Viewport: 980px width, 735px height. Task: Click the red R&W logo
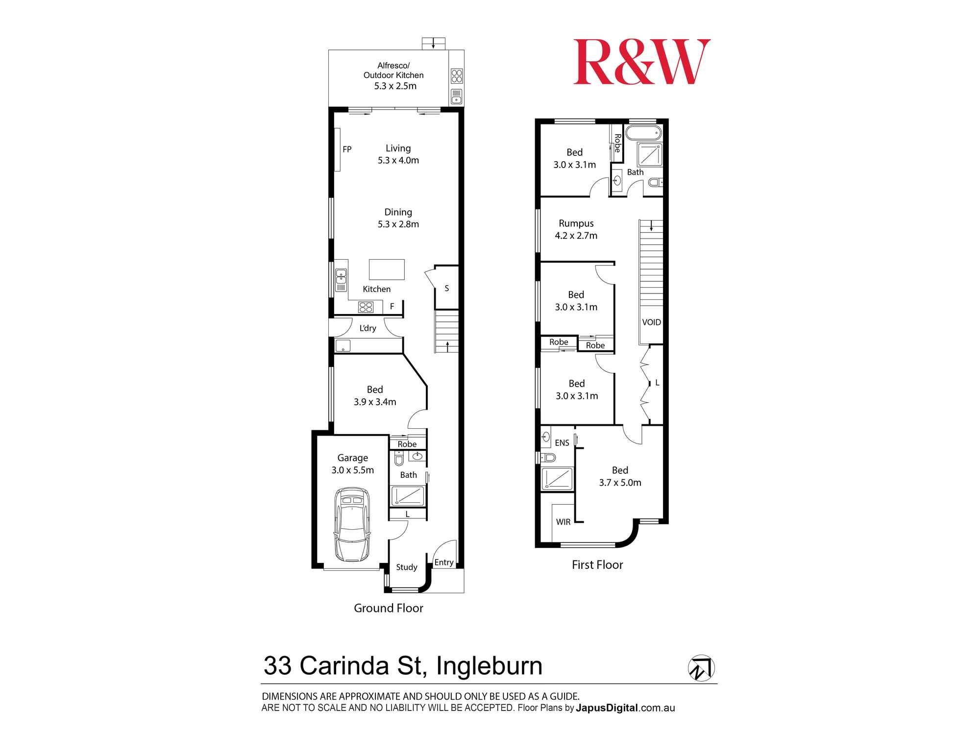[x=642, y=62]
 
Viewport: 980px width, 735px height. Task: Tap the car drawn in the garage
[x=352, y=524]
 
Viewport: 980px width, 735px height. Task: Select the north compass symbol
[x=701, y=668]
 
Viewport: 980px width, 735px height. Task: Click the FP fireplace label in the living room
[x=347, y=149]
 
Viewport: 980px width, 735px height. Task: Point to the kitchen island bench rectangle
[x=387, y=269]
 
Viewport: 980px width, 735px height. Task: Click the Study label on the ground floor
[x=407, y=567]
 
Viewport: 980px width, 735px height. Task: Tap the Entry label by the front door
[x=444, y=563]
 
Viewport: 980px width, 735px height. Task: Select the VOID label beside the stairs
[x=652, y=322]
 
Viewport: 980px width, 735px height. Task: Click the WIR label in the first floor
[x=563, y=522]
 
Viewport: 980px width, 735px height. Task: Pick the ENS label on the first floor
[x=562, y=443]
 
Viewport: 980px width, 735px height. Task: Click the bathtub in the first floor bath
[x=643, y=133]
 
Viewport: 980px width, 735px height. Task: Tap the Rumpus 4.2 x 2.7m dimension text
[x=576, y=236]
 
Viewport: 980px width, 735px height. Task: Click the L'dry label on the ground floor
[x=368, y=328]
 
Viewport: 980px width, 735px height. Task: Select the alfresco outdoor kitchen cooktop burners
[x=457, y=76]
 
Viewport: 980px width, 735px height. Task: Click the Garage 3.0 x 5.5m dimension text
[x=353, y=470]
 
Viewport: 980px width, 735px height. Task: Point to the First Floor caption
[x=597, y=565]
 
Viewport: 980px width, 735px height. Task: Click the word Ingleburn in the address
[x=490, y=666]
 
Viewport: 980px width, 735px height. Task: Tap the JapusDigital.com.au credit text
[x=626, y=708]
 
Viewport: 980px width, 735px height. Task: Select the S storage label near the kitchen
[x=447, y=289]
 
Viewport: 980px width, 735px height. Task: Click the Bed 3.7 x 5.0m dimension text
[x=620, y=483]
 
